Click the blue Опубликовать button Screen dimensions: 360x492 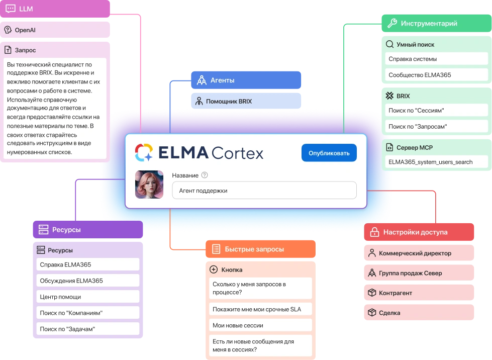(329, 153)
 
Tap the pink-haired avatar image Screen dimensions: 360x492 (149, 185)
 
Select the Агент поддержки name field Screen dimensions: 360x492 (264, 191)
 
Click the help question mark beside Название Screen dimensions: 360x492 (205, 175)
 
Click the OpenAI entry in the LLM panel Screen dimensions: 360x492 (25, 30)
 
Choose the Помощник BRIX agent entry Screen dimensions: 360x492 (229, 101)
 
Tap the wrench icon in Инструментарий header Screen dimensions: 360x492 (392, 23)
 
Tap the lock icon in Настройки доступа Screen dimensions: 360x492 (374, 232)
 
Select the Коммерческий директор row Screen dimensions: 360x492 (415, 253)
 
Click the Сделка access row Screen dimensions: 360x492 (390, 313)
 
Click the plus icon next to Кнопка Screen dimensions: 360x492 (214, 270)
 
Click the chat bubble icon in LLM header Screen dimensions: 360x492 (10, 9)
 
